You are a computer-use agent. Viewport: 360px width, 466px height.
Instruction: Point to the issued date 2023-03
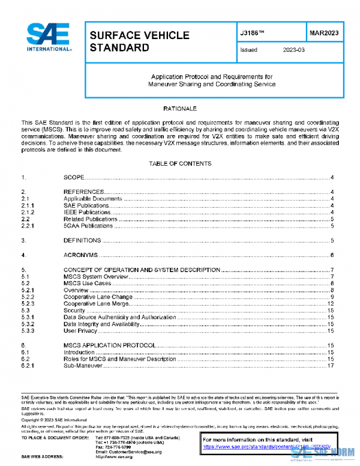click(x=294, y=50)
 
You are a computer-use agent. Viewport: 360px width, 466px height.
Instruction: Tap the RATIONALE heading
click(x=180, y=108)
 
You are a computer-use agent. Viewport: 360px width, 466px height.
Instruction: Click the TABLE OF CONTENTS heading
click(x=179, y=163)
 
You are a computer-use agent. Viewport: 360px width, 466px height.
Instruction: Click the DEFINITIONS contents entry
click(x=82, y=240)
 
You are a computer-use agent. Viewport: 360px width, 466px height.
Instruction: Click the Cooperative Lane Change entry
click(x=98, y=297)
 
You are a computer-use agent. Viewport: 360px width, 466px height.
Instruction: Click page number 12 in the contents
click(x=331, y=304)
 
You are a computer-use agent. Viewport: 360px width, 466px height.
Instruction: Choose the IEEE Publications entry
click(x=88, y=212)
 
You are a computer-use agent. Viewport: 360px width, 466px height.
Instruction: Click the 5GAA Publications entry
click(x=90, y=226)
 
